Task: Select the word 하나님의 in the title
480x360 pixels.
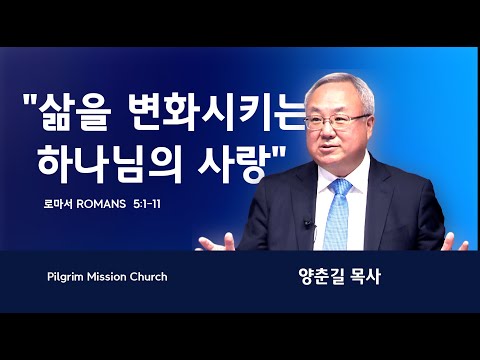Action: (x=110, y=163)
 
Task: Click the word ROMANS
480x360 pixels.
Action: (x=101, y=204)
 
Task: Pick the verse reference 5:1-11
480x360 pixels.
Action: (x=147, y=204)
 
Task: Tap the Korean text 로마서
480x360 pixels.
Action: (x=58, y=204)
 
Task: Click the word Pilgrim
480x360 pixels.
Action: (x=65, y=277)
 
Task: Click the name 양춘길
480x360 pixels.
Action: (x=322, y=277)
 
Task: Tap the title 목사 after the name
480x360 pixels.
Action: (x=366, y=277)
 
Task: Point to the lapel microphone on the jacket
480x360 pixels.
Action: (x=308, y=224)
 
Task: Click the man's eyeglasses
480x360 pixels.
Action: (x=337, y=122)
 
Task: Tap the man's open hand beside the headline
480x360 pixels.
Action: (x=217, y=243)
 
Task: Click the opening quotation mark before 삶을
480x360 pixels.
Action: (x=30, y=99)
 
